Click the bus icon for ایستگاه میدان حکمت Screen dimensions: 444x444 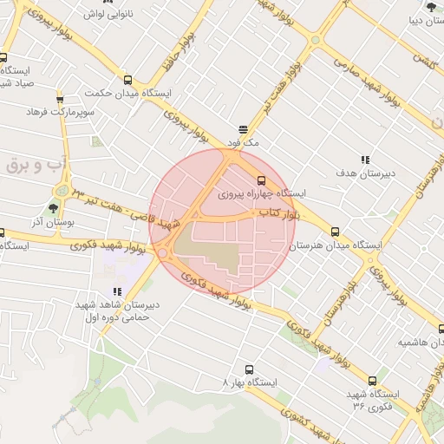[x=128, y=80]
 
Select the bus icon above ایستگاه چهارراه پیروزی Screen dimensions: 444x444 [x=262, y=180]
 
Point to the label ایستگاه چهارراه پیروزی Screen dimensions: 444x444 [x=264, y=193]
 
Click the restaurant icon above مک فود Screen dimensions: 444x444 [x=245, y=128]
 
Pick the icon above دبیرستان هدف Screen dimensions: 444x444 [x=365, y=160]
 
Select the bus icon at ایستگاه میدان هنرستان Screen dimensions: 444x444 [x=335, y=232]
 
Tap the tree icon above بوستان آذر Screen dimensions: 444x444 [x=53, y=207]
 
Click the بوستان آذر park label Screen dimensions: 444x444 [x=54, y=222]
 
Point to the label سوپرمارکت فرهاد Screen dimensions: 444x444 [x=59, y=113]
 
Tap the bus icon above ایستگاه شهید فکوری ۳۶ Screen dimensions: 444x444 [x=372, y=380]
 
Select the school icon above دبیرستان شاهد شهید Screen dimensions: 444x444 [x=117, y=292]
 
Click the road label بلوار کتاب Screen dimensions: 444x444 [x=278, y=212]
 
